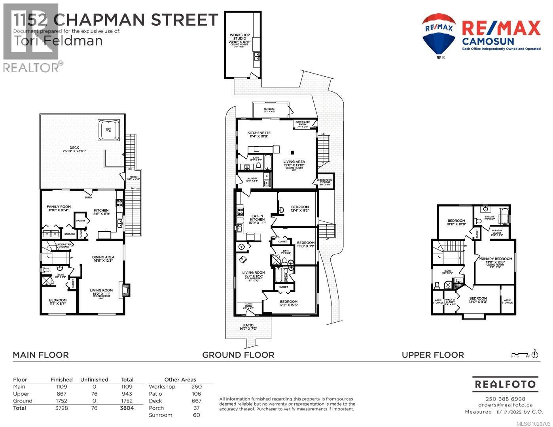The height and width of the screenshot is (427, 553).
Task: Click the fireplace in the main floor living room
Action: (126, 290)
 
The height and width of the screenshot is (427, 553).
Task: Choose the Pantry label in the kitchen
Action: (81, 221)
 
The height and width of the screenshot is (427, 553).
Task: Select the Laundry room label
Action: (252, 179)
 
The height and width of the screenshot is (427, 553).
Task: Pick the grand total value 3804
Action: (127, 408)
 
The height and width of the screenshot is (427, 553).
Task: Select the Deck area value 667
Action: (196, 401)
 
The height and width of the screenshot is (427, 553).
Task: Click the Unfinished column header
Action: (94, 380)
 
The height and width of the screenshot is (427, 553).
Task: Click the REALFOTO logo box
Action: (505, 384)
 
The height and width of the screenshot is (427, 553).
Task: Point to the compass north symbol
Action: (535, 354)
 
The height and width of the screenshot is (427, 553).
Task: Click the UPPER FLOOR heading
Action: (433, 355)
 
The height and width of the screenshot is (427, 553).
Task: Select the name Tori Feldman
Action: (58, 41)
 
